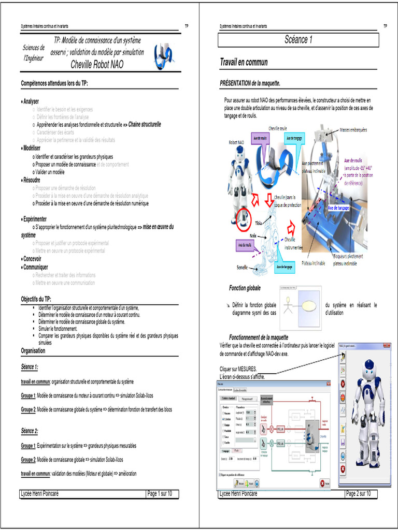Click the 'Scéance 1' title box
click(298, 40)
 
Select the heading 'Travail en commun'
click(244, 63)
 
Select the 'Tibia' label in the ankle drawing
click(258, 223)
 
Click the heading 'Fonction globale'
click(245, 288)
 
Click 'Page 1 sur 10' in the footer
click(162, 493)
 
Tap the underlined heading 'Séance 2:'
click(30, 431)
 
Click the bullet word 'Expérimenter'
click(35, 219)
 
